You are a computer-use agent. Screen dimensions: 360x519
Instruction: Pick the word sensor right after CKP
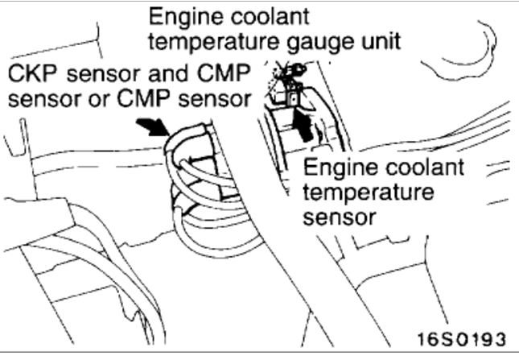click(99, 75)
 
